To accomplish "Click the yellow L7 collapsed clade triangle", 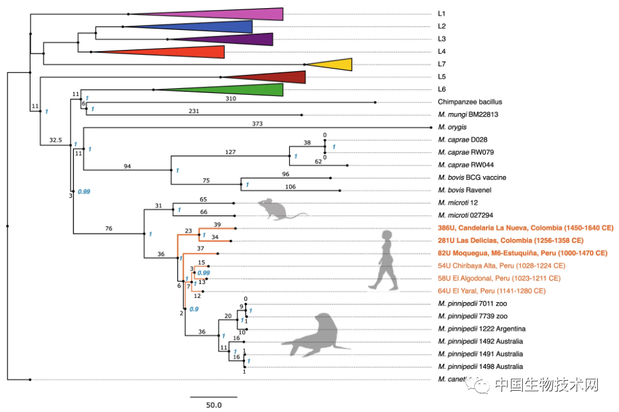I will point(334,64).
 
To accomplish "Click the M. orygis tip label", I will point(453,127).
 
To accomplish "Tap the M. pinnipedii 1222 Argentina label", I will point(482,329).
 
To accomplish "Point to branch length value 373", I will point(257,123).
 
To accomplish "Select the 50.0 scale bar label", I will point(214,405).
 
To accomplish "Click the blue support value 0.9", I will point(194,310).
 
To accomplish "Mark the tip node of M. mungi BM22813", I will point(302,115).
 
